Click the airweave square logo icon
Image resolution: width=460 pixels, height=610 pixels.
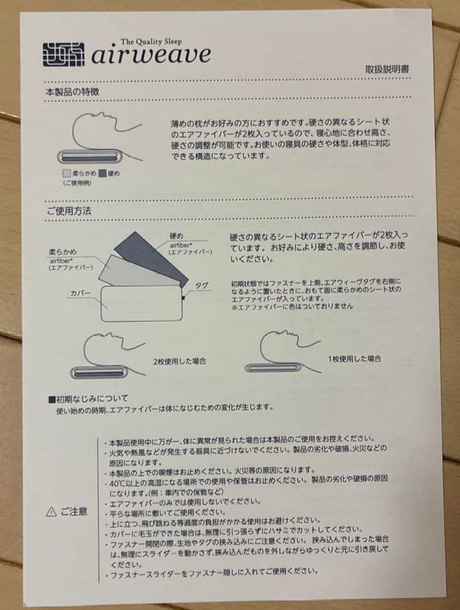65,54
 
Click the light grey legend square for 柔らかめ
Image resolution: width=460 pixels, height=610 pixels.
67,174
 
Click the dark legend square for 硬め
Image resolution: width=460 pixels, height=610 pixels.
102,174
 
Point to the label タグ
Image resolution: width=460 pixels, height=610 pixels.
202,285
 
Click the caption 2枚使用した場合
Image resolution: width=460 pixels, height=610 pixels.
179,361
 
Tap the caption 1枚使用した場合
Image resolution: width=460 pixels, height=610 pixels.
355,358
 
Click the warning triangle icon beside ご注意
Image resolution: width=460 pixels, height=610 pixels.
51,512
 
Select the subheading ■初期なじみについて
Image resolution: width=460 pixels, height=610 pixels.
92,399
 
